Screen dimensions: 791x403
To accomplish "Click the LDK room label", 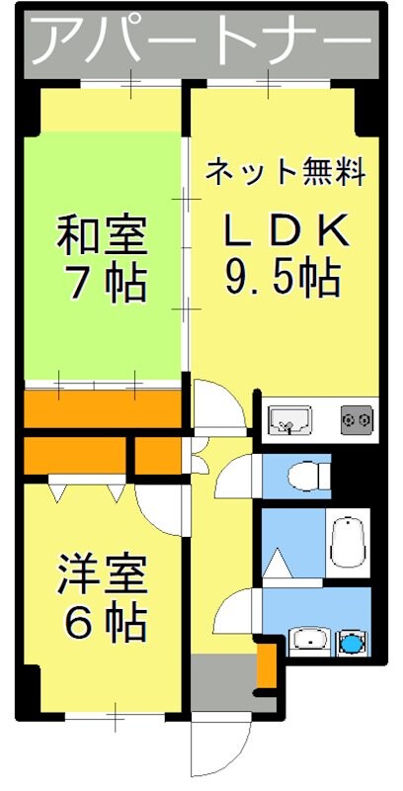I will pos(284,231).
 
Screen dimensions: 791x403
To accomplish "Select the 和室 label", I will pos(102,237).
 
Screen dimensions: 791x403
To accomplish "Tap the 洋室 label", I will pos(102,573).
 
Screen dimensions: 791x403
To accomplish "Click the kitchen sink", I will pos(289,419).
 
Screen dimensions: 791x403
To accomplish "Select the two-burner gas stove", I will pos(356,419).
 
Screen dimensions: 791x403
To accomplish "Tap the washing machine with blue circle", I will pos(350,642).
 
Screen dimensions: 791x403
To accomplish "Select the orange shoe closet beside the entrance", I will pos(266,666).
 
